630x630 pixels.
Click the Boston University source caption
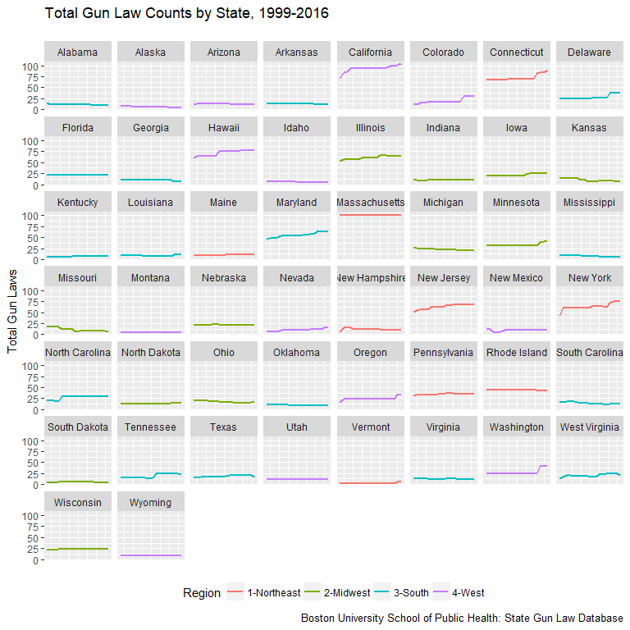pyautogui.click(x=462, y=618)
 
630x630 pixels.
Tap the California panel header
pyautogui.click(x=370, y=52)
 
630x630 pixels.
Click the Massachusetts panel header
pyautogui.click(x=370, y=203)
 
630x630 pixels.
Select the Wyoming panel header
pyautogui.click(x=151, y=502)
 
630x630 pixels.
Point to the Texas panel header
pyautogui.click(x=223, y=427)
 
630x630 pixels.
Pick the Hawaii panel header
pyautogui.click(x=223, y=128)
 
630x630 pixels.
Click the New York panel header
pyautogui.click(x=590, y=278)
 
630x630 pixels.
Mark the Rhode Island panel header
pyautogui.click(x=516, y=353)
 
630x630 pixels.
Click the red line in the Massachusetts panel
pyautogui.click(x=370, y=215)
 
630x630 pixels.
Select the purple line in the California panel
pyautogui.click(x=370, y=68)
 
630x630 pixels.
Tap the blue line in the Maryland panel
pyautogui.click(x=295, y=235)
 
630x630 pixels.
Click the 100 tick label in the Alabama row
pyautogui.click(x=30, y=66)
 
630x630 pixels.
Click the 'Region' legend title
pyautogui.click(x=202, y=593)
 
